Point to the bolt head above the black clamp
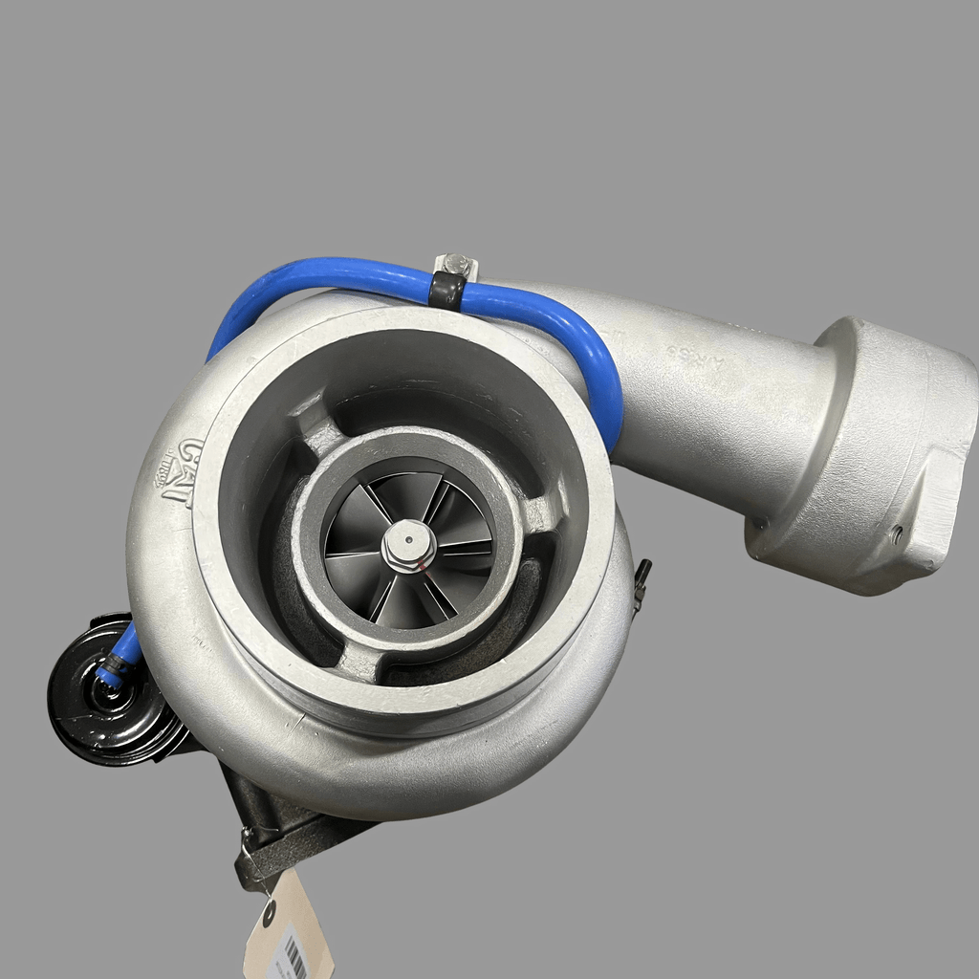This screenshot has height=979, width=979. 456,263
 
